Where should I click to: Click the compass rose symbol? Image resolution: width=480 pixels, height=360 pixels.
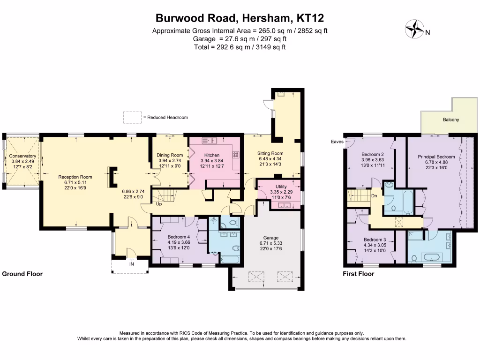(x=413, y=29)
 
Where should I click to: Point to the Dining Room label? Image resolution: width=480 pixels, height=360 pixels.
(x=170, y=155)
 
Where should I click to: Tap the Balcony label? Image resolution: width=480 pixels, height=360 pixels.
(x=451, y=120)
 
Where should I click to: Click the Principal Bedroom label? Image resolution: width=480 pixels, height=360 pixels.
(x=436, y=157)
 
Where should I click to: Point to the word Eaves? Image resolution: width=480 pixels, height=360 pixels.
(x=337, y=141)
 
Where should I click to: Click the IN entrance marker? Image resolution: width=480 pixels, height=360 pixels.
(x=131, y=264)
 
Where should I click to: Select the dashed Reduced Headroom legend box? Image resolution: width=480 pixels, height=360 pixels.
(x=132, y=117)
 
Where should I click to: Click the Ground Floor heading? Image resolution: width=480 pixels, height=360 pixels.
(x=22, y=274)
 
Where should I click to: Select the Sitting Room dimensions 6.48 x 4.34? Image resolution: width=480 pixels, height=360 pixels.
(x=270, y=159)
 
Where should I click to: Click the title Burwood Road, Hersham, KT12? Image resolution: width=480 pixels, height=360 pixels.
(x=240, y=18)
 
